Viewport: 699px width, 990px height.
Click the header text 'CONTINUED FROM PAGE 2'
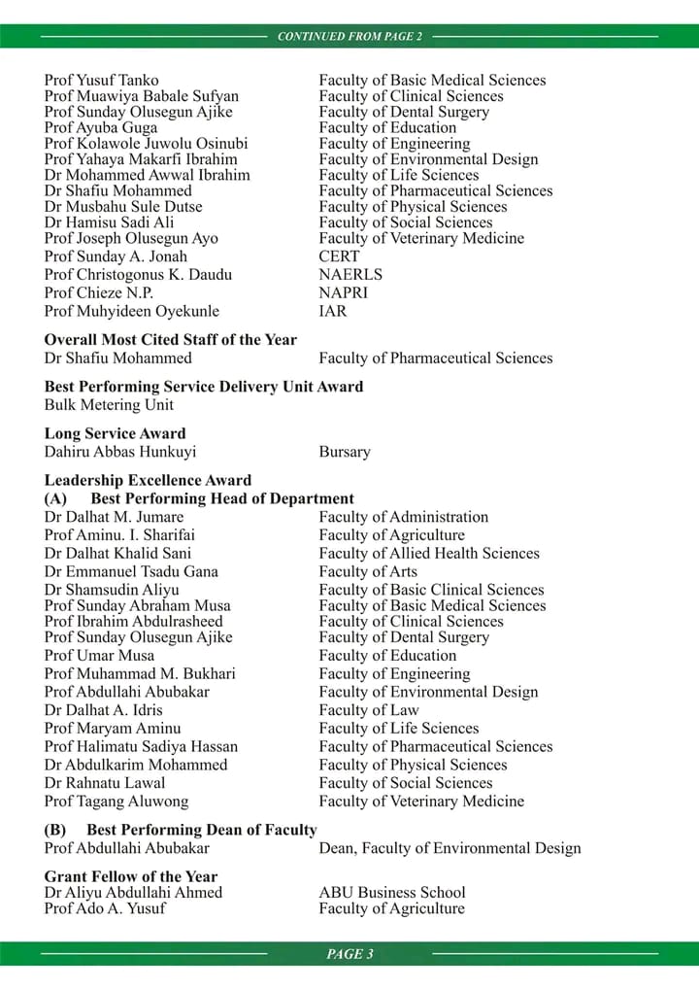point(349,37)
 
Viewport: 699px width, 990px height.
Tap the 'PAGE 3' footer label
point(349,954)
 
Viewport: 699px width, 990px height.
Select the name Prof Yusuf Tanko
point(102,81)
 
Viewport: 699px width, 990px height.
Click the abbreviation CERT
point(339,256)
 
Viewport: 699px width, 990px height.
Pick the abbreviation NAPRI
point(344,292)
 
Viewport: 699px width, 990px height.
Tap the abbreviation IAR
point(333,312)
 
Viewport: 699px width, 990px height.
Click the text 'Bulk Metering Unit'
point(109,404)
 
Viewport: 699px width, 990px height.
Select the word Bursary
point(345,452)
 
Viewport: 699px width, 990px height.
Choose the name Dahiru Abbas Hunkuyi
point(120,452)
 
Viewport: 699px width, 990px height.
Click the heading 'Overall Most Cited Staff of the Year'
point(171,340)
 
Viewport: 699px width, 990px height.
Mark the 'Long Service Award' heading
point(115,433)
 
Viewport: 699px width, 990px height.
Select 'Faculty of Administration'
point(404,517)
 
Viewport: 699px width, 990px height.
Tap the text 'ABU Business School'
point(392,892)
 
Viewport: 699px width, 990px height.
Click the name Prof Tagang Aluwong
point(116,802)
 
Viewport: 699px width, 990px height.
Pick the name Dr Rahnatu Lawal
point(105,783)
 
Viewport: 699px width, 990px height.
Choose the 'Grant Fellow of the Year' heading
point(131,876)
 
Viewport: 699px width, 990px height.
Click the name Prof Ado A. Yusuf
point(105,908)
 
